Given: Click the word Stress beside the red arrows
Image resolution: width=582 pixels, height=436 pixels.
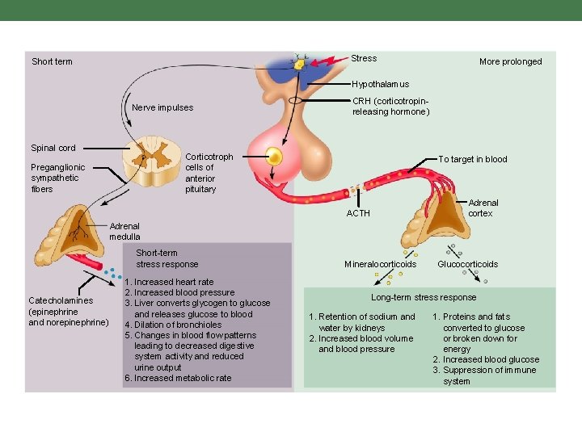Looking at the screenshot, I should click(x=364, y=58).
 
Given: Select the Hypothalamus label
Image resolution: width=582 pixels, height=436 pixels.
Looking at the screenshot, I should click(x=380, y=84).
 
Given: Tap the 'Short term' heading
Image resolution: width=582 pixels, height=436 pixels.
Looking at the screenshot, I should click(x=52, y=61).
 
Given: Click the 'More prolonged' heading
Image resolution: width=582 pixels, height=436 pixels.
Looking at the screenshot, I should click(x=510, y=61).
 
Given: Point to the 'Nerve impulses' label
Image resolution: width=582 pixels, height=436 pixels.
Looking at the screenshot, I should click(x=162, y=107).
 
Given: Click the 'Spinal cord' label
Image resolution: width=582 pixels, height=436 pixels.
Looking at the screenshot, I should click(x=53, y=148).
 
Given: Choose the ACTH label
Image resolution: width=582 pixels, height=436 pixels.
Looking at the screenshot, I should click(x=358, y=213).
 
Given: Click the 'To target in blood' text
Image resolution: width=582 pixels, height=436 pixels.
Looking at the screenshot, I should click(x=473, y=159).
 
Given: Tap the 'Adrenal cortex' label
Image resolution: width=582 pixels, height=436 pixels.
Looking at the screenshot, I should click(x=483, y=208).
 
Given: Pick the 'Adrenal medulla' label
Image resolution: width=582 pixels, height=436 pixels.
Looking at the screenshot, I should click(x=124, y=232).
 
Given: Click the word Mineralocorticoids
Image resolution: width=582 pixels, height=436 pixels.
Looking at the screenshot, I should click(x=380, y=264).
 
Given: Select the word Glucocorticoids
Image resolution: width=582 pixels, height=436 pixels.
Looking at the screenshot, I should click(x=467, y=264).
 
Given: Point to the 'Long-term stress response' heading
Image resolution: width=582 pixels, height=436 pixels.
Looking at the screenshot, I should click(x=424, y=297).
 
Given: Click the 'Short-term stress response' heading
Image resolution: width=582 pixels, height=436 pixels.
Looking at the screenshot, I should click(x=167, y=258).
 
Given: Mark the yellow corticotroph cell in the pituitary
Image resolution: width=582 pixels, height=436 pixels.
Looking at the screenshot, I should click(x=276, y=155).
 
